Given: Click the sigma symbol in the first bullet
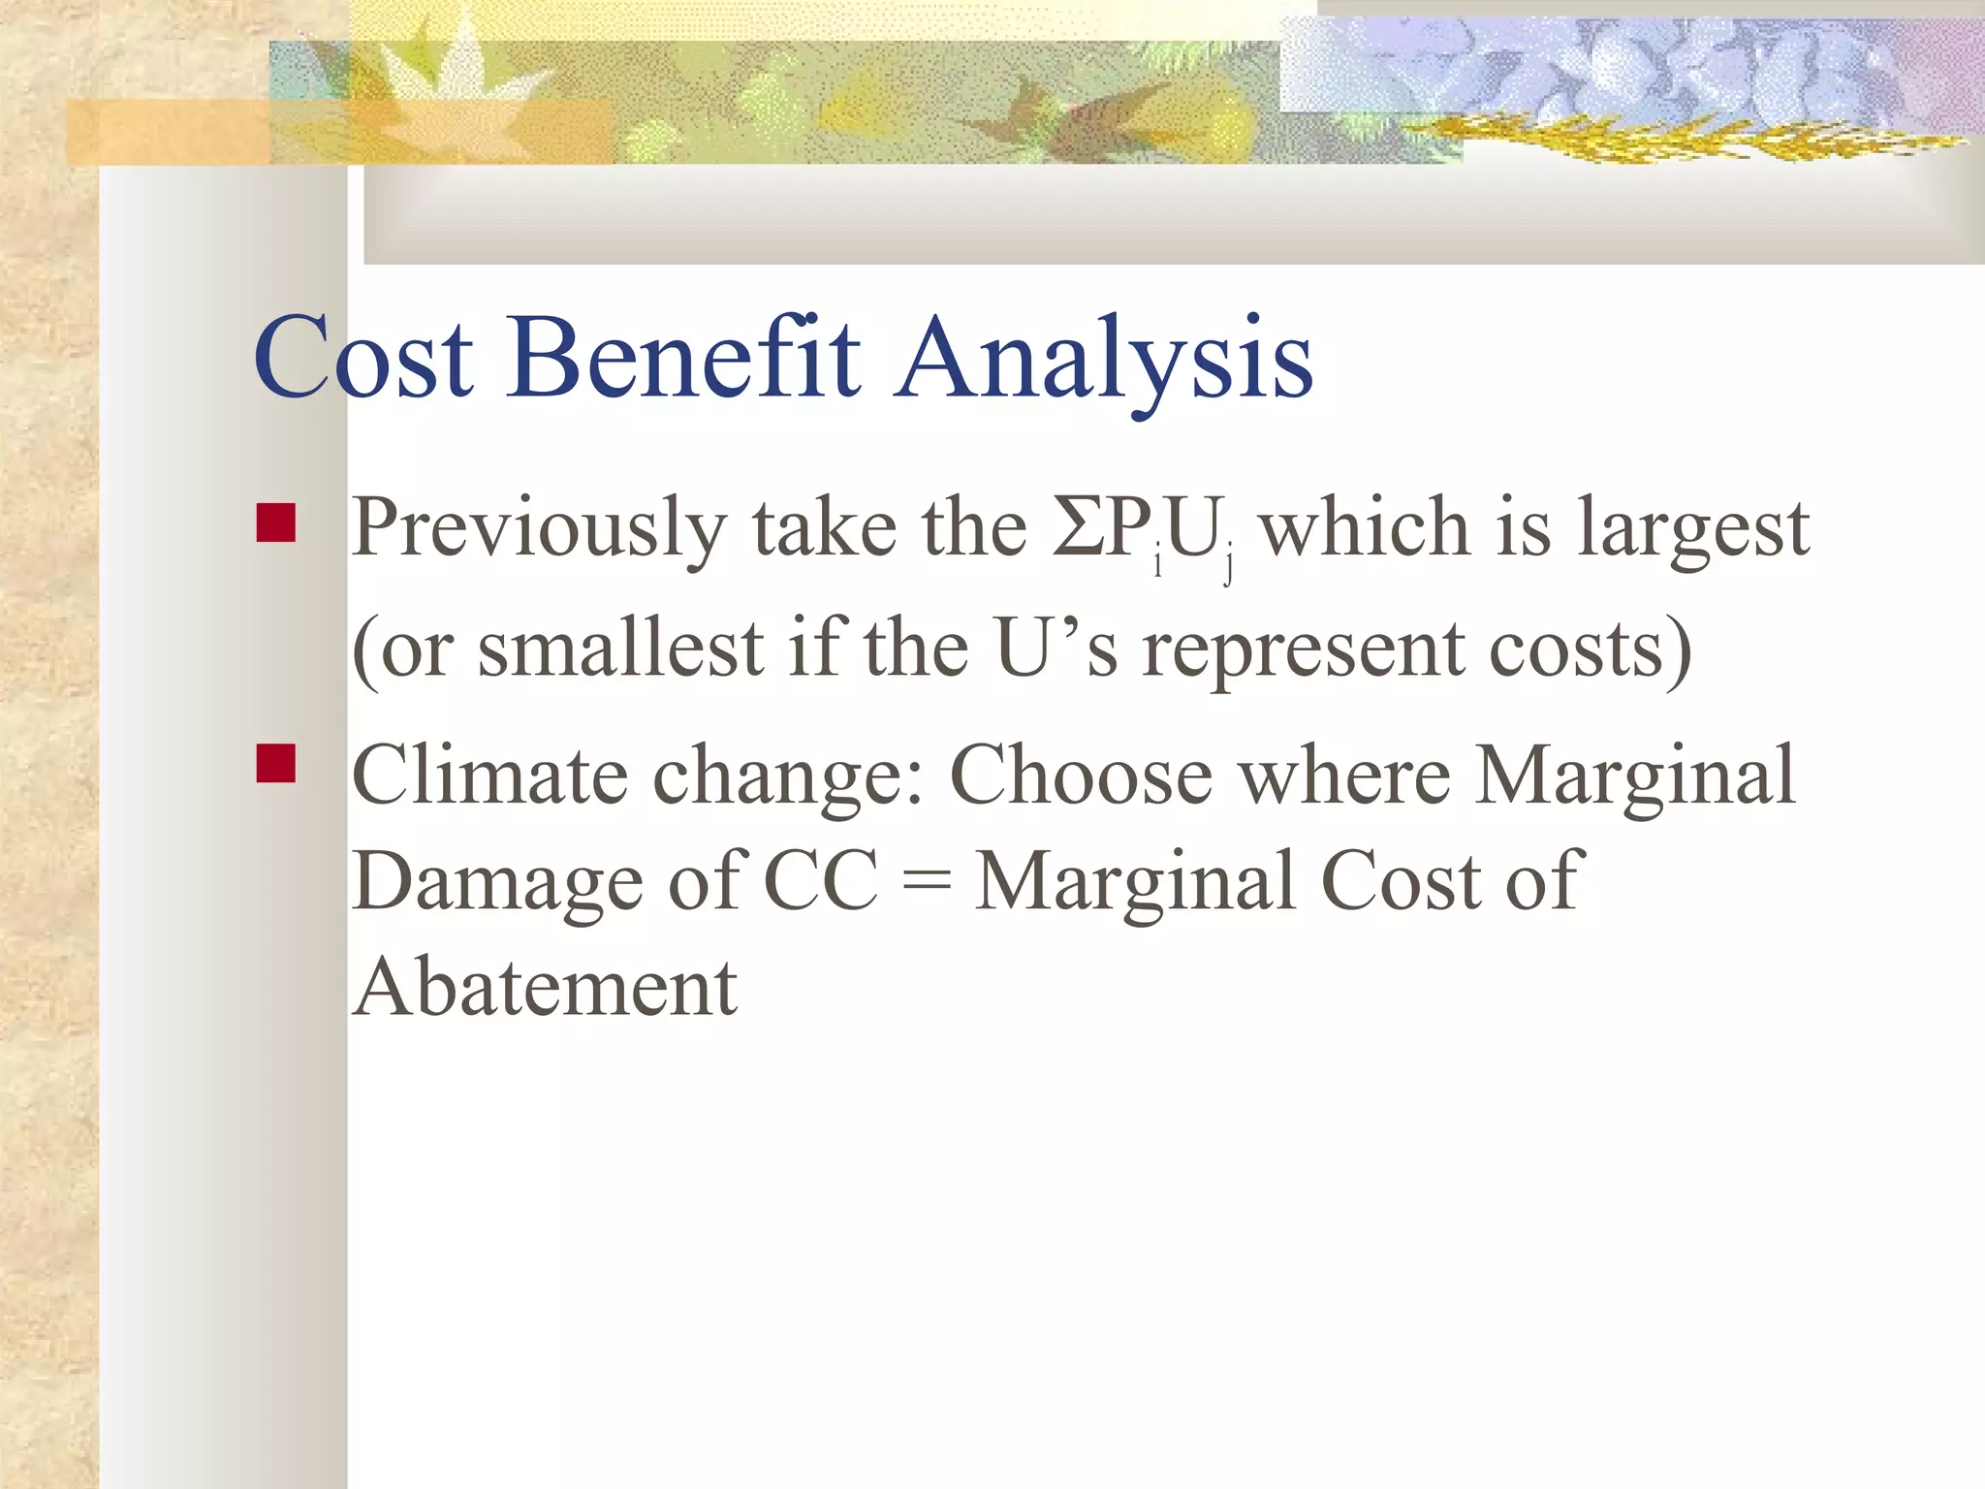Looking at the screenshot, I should pos(1079,527).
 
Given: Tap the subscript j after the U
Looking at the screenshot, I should pos(1229,563).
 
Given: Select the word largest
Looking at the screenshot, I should pos(1692,529).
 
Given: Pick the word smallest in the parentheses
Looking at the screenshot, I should pos(620,649).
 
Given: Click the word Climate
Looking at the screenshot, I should pos(489,776).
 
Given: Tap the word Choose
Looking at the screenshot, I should pos(1081,776).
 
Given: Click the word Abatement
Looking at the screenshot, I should pos(545,988).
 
